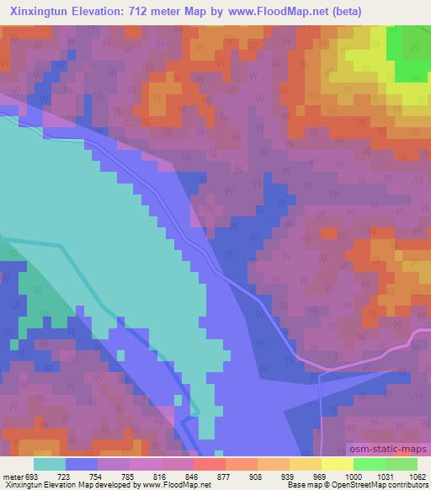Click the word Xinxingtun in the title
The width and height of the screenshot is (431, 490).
[43, 12]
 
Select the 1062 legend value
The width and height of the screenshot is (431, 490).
[407, 476]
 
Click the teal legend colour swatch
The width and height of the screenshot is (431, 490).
[50, 464]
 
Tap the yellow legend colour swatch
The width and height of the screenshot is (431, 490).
[337, 464]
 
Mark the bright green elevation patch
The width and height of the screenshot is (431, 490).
[407, 55]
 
